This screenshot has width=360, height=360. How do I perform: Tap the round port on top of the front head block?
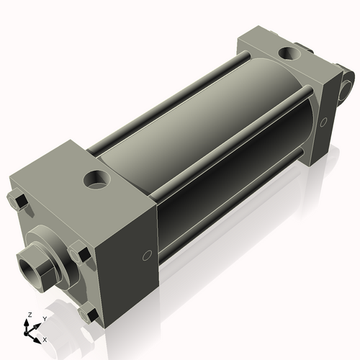[95, 178]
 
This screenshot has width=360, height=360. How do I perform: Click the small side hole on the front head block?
[147, 255]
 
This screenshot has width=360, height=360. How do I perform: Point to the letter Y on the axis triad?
[44, 318]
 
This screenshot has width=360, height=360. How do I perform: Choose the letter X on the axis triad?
[45, 338]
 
